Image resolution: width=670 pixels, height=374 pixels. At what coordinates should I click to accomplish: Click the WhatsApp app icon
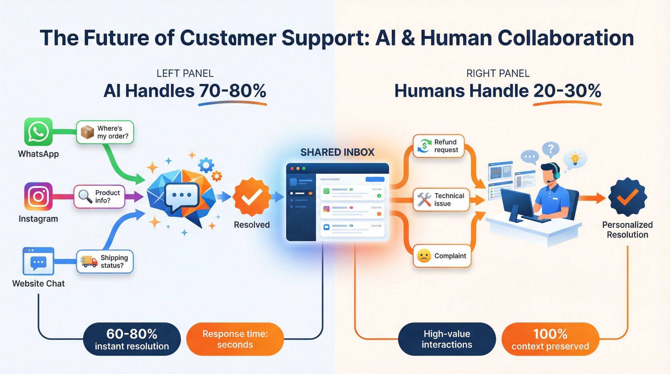point(38,132)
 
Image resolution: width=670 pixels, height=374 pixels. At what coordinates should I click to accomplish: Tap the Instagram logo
point(38,196)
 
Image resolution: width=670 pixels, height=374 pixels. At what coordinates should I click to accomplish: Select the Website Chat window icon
point(38,261)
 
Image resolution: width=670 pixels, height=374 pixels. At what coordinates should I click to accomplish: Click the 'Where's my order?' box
point(105,132)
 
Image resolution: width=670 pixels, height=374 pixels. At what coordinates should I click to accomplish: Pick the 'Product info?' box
point(99,197)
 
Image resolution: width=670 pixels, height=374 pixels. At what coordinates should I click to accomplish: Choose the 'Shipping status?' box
point(105,261)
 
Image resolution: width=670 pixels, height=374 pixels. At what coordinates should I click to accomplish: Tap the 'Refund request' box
point(439,146)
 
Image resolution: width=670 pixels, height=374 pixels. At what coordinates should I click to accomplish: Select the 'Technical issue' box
point(441,200)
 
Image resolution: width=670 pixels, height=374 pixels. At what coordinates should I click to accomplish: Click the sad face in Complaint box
point(424,256)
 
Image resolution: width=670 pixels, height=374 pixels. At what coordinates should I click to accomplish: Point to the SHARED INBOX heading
point(337,152)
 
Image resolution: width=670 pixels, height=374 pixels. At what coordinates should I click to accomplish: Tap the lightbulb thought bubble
point(575,159)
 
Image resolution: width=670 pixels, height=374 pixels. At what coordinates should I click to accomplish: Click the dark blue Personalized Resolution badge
point(627,197)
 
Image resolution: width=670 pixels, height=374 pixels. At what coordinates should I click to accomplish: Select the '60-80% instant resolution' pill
point(132,339)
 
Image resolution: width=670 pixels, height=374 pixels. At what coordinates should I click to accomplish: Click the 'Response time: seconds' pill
point(235,339)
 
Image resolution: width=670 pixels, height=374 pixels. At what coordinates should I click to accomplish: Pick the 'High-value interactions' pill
point(447,339)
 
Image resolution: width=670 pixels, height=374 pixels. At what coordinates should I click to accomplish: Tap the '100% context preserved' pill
point(550,339)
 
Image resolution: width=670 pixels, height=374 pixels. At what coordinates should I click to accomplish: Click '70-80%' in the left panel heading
point(232,91)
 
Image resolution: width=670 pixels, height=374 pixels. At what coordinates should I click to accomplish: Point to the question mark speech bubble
point(551,149)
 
